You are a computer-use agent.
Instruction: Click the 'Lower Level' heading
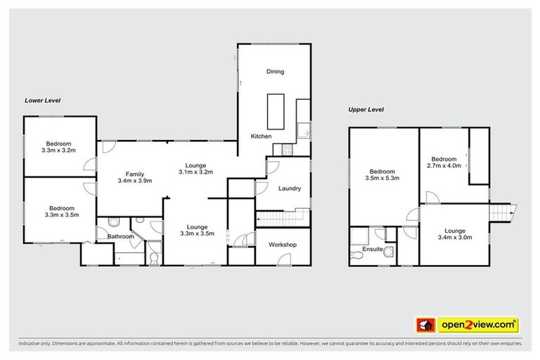(41, 101)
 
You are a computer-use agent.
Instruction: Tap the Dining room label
(274, 72)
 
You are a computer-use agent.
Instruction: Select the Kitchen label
(262, 135)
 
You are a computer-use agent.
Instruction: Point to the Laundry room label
(290, 188)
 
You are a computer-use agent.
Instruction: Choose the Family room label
(135, 174)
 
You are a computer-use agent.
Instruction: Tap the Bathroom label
(120, 237)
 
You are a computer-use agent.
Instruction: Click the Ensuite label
(373, 248)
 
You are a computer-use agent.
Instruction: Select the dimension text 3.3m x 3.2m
(59, 150)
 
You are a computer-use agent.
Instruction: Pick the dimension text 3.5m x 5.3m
(383, 179)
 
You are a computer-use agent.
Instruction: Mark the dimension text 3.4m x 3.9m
(135, 181)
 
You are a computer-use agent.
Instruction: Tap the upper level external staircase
(503, 210)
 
